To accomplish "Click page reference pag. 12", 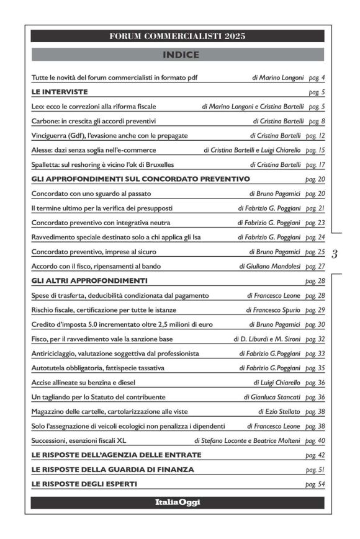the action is (x=315, y=135).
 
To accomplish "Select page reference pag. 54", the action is (x=315, y=484).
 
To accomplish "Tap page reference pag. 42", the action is (x=315, y=455).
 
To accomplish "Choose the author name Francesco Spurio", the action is (x=277, y=310).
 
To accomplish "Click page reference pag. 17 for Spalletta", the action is (x=315, y=165).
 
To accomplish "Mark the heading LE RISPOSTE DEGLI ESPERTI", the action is (x=84, y=484).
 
